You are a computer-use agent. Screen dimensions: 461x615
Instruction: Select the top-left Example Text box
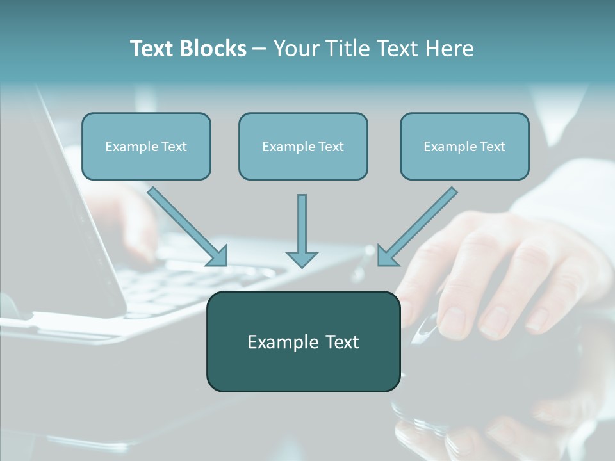point(146,146)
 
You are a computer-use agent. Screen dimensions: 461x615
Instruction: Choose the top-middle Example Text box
point(303,146)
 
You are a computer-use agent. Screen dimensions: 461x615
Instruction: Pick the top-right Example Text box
point(464,146)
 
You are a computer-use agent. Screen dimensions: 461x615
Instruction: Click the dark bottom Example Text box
point(304,341)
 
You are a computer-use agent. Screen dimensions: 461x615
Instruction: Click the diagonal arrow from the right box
point(420,223)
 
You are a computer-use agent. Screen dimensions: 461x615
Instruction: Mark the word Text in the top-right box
point(492,147)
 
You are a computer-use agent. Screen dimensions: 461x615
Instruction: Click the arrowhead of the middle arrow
point(302,258)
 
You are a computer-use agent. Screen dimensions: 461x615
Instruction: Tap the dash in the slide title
point(259,49)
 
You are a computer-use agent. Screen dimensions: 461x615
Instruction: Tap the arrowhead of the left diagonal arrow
point(218,256)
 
